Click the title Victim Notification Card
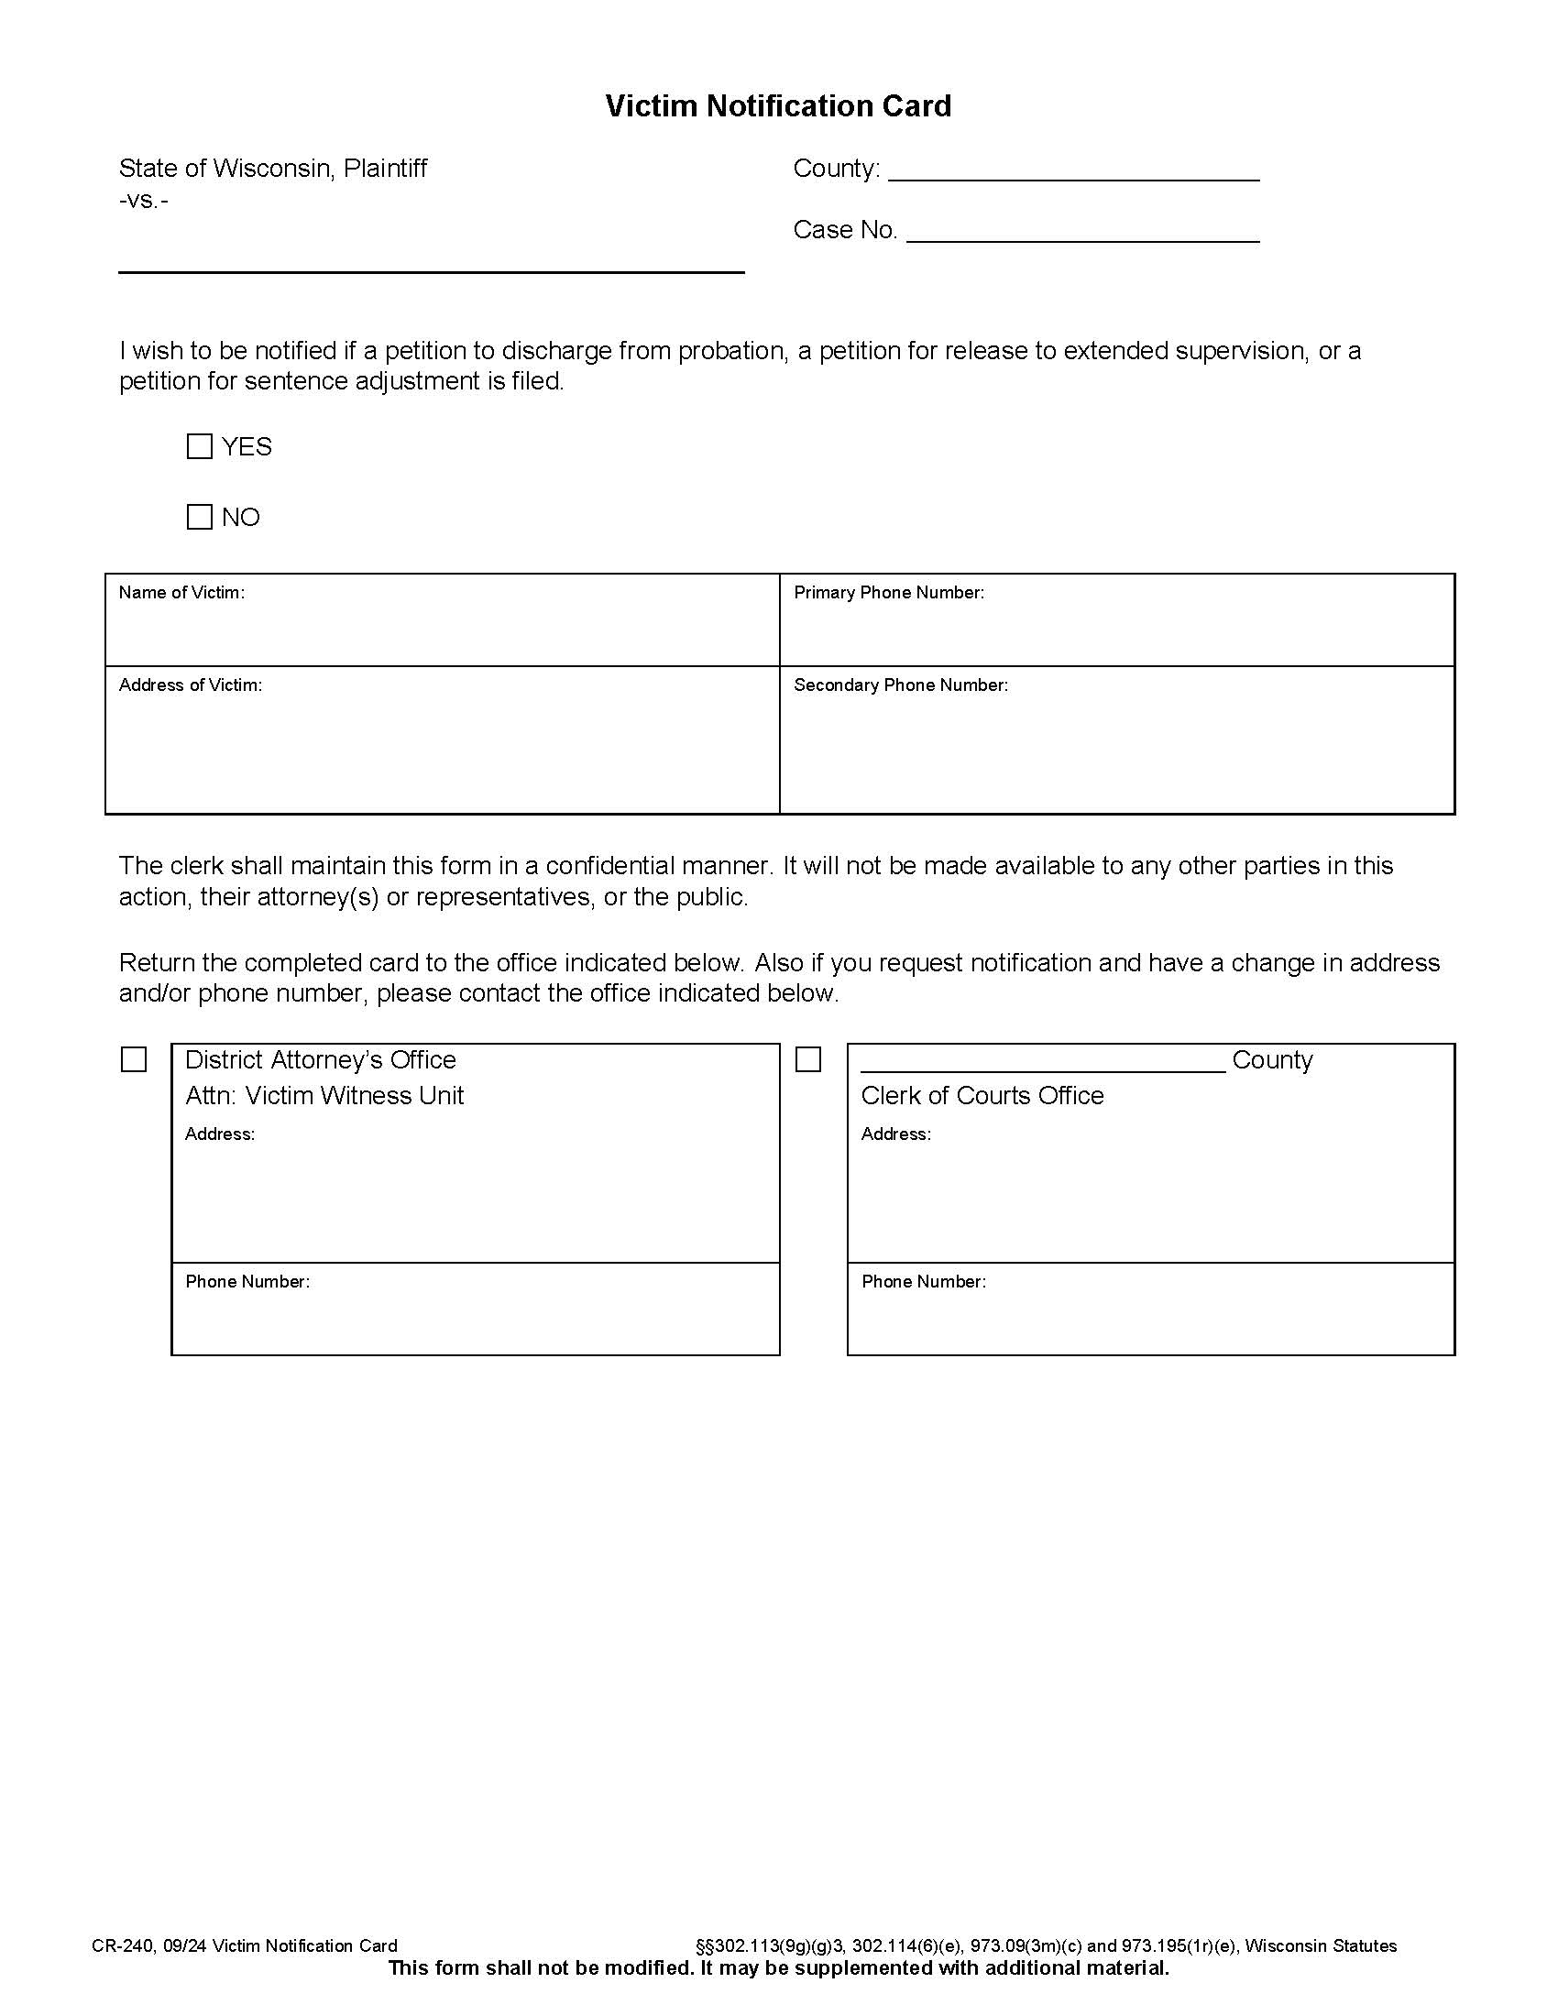[x=778, y=106]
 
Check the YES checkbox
[x=200, y=447]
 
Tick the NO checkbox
[x=200, y=517]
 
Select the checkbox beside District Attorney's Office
[x=134, y=1059]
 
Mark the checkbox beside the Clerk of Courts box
[x=808, y=1059]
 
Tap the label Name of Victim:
[x=181, y=593]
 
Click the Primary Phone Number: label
[x=889, y=593]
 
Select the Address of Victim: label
[x=190, y=685]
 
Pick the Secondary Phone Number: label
[x=901, y=685]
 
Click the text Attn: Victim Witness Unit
[x=324, y=1096]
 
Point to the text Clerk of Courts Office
[x=982, y=1096]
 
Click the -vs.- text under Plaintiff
[x=144, y=201]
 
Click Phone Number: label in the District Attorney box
[x=247, y=1281]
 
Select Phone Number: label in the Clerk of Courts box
[x=924, y=1281]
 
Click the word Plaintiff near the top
[x=386, y=168]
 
